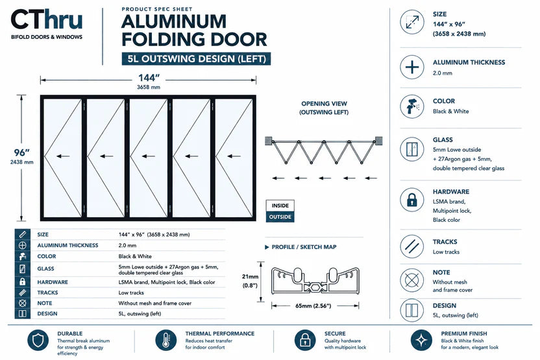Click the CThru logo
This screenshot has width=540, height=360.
click(47, 23)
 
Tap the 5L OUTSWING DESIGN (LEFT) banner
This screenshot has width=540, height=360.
click(196, 59)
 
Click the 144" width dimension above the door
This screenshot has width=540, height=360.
click(149, 78)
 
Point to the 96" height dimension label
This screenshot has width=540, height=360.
click(21, 152)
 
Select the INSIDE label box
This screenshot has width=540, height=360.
click(280, 206)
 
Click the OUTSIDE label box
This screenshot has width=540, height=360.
click(280, 217)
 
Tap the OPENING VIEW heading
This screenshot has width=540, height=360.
click(324, 104)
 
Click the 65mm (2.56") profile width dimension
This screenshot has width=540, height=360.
click(313, 306)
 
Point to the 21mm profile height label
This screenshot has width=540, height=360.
click(250, 276)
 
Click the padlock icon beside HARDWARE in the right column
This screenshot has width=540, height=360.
click(412, 200)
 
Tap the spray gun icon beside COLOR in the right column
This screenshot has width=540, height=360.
click(412, 106)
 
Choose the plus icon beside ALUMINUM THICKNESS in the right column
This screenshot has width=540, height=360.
click(412, 67)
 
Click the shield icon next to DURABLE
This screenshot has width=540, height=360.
click(38, 341)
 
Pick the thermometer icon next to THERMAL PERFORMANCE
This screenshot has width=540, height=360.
click(166, 341)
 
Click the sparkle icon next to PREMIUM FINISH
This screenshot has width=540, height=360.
click(421, 341)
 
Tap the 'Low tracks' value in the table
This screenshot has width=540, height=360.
click(131, 293)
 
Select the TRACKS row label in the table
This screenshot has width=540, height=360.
click(47, 293)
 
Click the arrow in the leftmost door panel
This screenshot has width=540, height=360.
click(63, 156)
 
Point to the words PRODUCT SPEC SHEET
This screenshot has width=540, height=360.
click(157, 9)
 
